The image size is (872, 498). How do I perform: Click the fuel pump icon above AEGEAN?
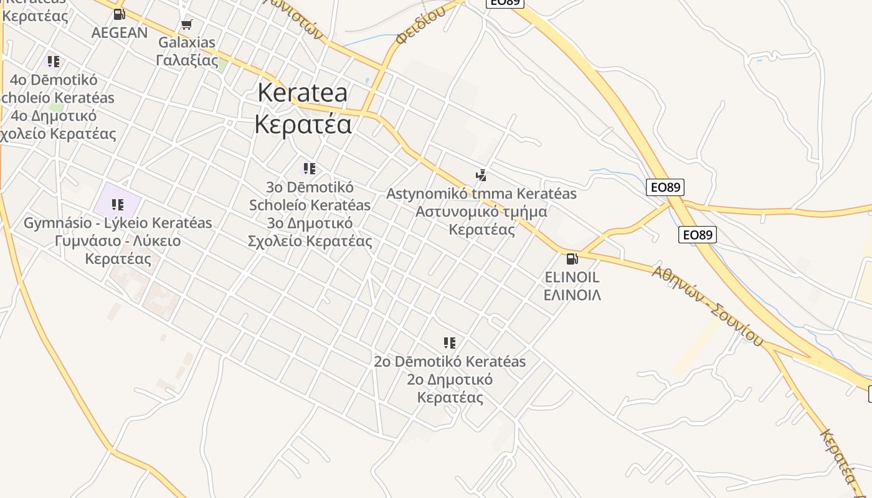pyautogui.click(x=120, y=14)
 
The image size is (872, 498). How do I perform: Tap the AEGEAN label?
pyautogui.click(x=120, y=32)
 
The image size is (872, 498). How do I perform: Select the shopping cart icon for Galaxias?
pyautogui.click(x=186, y=25)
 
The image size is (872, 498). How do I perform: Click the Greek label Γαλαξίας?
pyautogui.click(x=187, y=60)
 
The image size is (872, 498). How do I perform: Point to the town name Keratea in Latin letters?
pyautogui.click(x=303, y=93)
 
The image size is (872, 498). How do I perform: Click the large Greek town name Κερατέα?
pyautogui.click(x=303, y=124)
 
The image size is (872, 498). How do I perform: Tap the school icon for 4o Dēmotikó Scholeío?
pyautogui.click(x=54, y=62)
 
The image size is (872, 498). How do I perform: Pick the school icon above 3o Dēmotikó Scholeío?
pyautogui.click(x=310, y=169)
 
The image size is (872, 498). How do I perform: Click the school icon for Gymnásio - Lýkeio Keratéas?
pyautogui.click(x=117, y=204)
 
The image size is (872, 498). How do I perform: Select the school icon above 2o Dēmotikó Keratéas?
pyautogui.click(x=450, y=343)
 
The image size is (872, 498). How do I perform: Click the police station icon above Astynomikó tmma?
pyautogui.click(x=481, y=175)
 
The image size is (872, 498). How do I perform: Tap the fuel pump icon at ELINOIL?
pyautogui.click(x=572, y=258)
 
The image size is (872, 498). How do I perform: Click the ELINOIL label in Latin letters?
pyautogui.click(x=572, y=277)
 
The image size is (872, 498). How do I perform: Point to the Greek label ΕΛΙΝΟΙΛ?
pyautogui.click(x=572, y=295)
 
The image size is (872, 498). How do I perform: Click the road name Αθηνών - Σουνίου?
pyautogui.click(x=708, y=305)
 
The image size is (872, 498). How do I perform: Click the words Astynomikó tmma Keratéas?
pyautogui.click(x=481, y=194)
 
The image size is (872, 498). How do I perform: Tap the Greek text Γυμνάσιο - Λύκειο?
pyautogui.click(x=118, y=241)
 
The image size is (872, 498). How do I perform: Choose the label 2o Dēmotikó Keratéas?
pyautogui.click(x=450, y=362)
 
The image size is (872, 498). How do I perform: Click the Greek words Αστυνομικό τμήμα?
pyautogui.click(x=481, y=212)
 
